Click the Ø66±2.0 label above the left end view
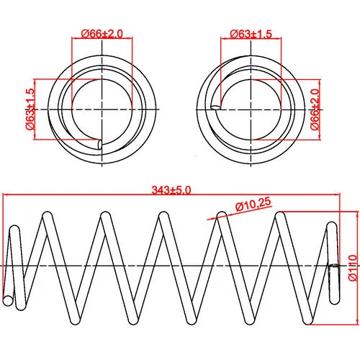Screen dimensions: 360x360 (102, 34)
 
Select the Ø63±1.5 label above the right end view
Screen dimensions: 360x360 (251, 34)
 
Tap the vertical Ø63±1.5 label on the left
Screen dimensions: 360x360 (30, 109)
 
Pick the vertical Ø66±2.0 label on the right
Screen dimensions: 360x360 (315, 109)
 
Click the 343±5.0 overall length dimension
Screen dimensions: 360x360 (171, 190)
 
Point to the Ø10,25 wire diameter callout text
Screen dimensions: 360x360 (253, 204)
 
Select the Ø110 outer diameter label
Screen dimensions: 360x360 (353, 268)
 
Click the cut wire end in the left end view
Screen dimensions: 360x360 (99, 145)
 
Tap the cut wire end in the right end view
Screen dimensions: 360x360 (216, 107)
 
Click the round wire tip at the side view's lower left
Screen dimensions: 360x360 (8, 300)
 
